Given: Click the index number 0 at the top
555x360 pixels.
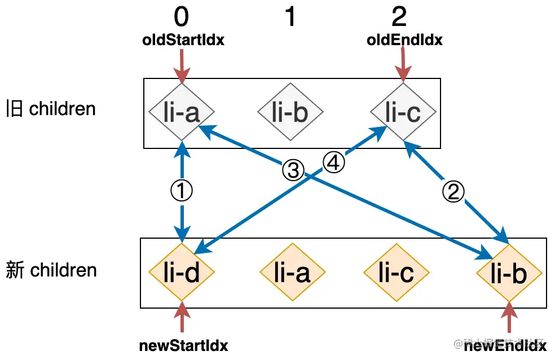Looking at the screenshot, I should (181, 17).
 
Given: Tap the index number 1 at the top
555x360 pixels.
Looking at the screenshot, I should (290, 17).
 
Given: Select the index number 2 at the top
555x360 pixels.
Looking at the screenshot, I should (399, 17).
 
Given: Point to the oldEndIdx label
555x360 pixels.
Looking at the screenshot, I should (404, 40).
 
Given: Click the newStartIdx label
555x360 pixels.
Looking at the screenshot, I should (184, 346).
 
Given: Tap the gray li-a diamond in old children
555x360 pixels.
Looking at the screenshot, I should (182, 112).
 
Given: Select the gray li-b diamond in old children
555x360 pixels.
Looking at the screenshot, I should (290, 112).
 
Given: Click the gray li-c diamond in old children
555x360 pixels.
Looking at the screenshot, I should (403, 112).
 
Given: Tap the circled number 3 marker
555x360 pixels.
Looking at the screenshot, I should (293, 170).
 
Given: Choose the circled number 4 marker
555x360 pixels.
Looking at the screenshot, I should (333, 164).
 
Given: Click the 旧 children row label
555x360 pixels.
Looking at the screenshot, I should (51, 108).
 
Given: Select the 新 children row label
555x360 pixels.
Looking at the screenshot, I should (51, 270).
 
